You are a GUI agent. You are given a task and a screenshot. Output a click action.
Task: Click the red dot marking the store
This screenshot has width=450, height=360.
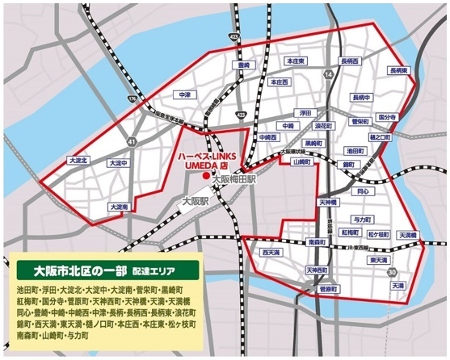205,175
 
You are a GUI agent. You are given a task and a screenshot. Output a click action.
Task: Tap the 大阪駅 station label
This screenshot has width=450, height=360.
196,200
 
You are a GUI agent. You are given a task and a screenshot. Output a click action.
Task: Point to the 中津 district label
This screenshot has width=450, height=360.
186,95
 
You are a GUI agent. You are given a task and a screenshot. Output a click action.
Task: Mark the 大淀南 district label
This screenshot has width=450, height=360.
116,207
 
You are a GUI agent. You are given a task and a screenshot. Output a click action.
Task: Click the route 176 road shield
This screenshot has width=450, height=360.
133,99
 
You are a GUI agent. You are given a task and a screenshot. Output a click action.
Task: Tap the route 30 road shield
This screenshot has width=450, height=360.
392,273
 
